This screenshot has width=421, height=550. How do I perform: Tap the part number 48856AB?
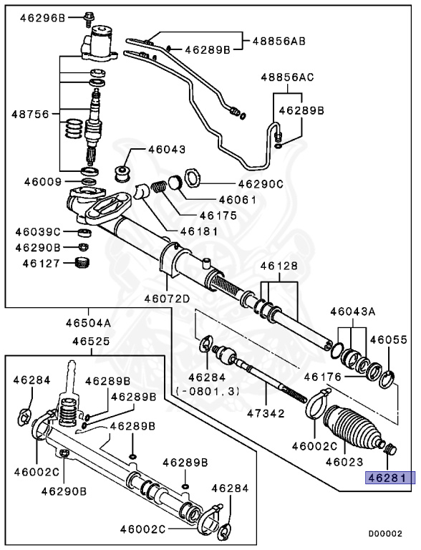click(x=279, y=41)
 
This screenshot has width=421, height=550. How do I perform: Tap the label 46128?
click(x=278, y=266)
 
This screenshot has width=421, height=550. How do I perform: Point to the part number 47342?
click(x=265, y=413)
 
